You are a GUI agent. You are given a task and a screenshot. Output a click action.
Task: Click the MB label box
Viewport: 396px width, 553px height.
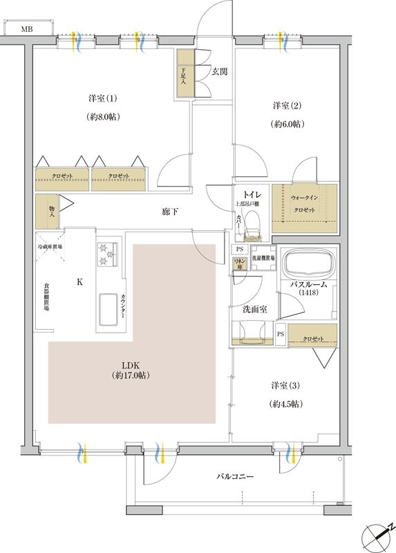pos(26,29)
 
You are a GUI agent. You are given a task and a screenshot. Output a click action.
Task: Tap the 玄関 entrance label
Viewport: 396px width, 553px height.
pos(220,71)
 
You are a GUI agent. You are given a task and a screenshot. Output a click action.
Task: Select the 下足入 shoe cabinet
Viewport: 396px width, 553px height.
pos(183,73)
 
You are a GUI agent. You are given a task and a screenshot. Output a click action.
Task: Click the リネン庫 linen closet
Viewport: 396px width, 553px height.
pos(240,264)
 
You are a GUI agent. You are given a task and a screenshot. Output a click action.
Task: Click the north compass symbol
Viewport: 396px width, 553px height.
pos(376,534)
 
